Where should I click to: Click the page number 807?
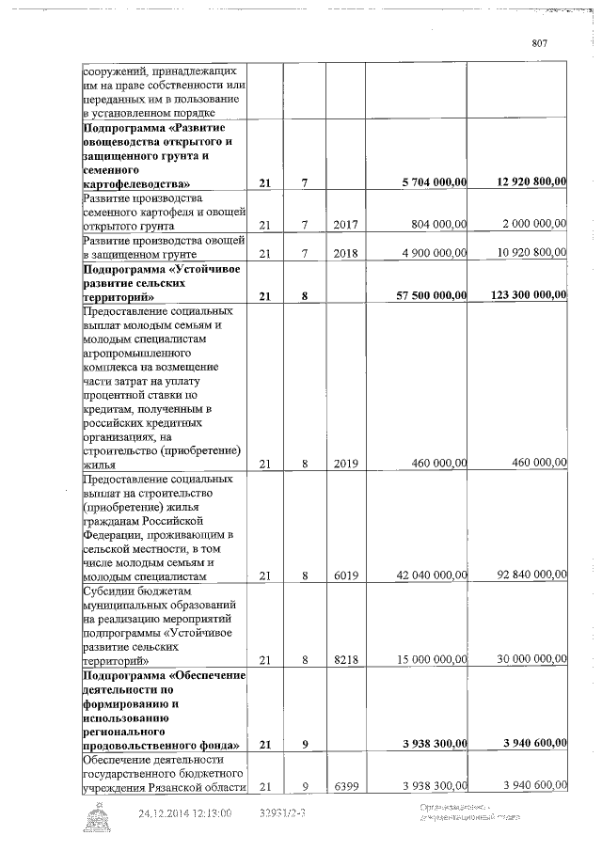[x=539, y=42]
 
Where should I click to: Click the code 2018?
[x=348, y=254]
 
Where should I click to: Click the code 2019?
[x=348, y=464]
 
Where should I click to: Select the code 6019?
[x=348, y=575]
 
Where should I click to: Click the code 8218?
[x=348, y=660]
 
